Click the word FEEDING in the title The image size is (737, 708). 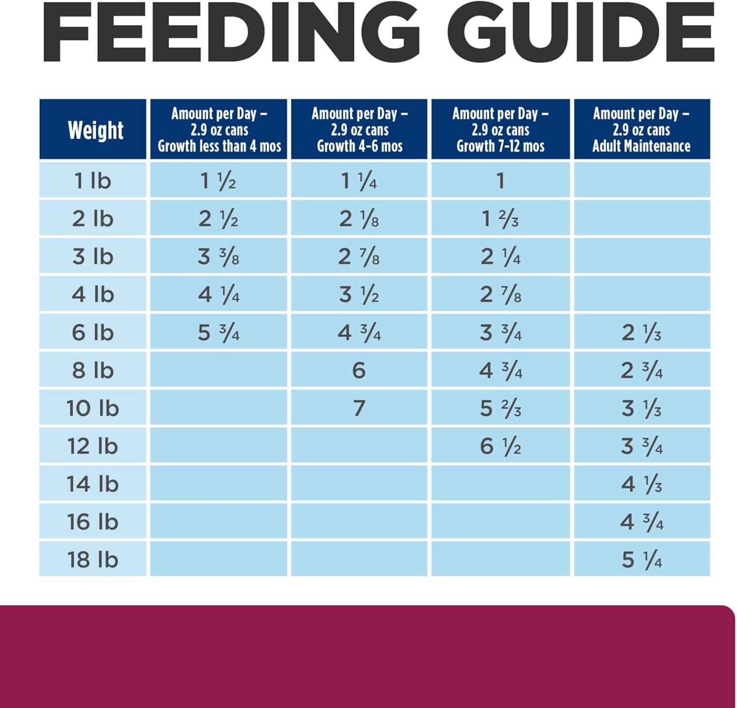(231, 32)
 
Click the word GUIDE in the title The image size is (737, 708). (580, 32)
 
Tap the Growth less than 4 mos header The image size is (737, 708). (219, 130)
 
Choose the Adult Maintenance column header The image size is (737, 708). (641, 130)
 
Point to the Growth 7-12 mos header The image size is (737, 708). (500, 130)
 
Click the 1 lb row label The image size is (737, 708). (92, 181)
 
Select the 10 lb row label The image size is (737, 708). (92, 409)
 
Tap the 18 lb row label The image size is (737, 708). (92, 560)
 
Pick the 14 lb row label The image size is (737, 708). (92, 484)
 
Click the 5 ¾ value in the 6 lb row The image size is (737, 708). (219, 333)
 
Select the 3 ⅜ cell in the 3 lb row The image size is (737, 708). (219, 257)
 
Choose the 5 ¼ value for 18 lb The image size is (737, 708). (642, 560)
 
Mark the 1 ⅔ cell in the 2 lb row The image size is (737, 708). (500, 219)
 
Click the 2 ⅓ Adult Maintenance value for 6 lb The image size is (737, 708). (642, 333)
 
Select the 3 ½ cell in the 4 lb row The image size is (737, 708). (359, 295)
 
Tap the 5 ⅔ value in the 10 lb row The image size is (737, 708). (500, 409)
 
